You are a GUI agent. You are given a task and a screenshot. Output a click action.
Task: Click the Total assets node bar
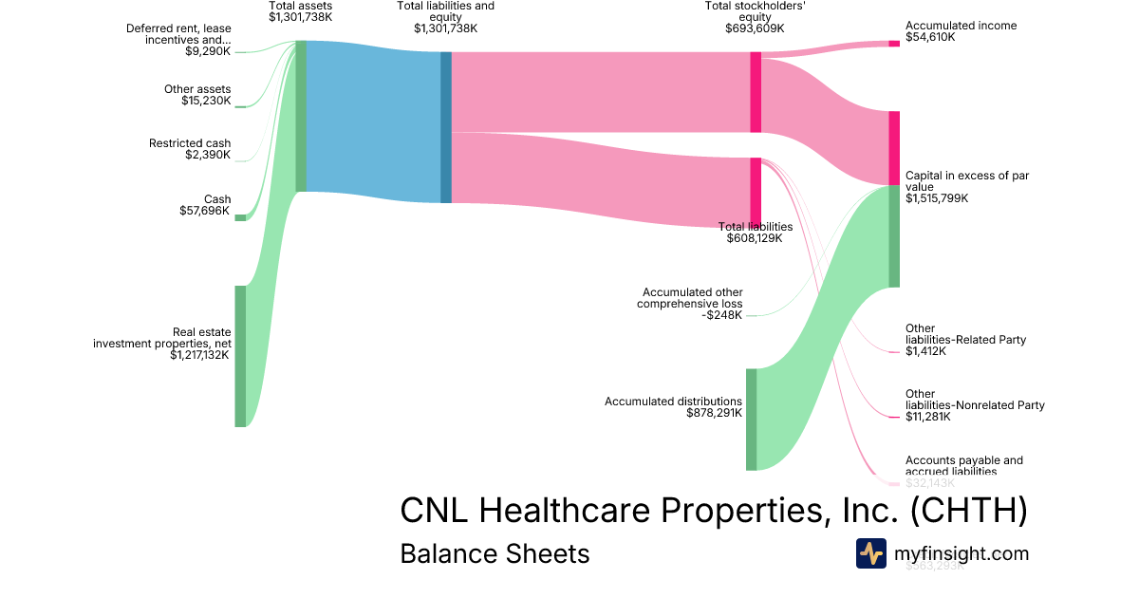(301, 116)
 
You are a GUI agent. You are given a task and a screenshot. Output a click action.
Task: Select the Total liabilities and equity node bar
(446, 127)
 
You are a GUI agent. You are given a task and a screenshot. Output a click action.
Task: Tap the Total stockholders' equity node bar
(756, 92)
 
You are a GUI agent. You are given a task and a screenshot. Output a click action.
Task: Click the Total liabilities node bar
(756, 192)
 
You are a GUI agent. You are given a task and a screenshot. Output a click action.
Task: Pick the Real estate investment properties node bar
(240, 356)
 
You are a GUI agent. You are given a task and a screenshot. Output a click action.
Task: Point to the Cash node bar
(240, 217)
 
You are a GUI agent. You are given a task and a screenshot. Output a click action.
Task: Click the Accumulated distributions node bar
(751, 419)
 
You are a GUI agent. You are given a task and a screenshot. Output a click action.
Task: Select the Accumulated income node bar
(893, 44)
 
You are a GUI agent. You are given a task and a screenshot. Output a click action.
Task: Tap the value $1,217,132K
(200, 356)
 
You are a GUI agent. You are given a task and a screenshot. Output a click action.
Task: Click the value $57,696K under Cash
(205, 211)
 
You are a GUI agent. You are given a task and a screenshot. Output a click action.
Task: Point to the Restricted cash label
(190, 143)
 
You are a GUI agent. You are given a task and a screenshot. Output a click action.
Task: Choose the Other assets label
(197, 89)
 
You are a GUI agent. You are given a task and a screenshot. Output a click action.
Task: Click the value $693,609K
(755, 28)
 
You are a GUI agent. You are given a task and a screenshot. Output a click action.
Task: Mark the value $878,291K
(714, 413)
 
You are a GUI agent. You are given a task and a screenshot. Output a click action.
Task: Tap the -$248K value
(724, 315)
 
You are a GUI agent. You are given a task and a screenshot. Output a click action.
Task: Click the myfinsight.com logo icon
(870, 553)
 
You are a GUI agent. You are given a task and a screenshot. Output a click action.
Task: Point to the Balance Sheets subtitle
(495, 554)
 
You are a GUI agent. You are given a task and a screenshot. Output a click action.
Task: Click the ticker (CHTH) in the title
(968, 511)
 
